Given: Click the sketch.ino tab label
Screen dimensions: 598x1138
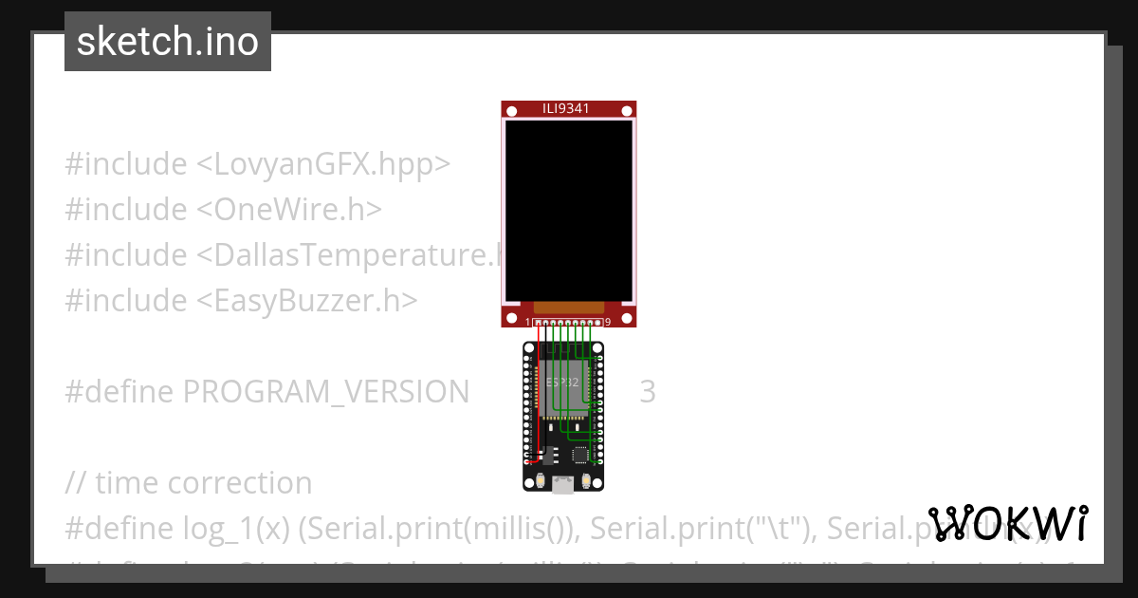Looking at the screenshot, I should pyautogui.click(x=168, y=42).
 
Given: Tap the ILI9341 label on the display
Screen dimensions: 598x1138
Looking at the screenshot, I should pyautogui.click(x=568, y=109).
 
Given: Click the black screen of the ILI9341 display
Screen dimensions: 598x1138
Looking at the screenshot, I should pyautogui.click(x=568, y=210).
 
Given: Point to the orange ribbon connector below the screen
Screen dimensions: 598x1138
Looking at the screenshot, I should pyautogui.click(x=569, y=308).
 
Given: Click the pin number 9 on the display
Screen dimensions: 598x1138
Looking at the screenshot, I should pyautogui.click(x=607, y=323).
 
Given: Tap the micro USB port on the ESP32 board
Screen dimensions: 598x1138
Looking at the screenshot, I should pyautogui.click(x=563, y=487).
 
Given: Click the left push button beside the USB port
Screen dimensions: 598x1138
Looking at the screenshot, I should pyautogui.click(x=540, y=481).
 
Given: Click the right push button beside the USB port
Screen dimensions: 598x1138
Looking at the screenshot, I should pyautogui.click(x=588, y=481).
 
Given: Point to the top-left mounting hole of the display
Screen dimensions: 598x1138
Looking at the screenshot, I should pyautogui.click(x=511, y=112).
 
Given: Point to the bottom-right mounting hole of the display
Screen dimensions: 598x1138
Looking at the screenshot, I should pyautogui.click(x=626, y=317).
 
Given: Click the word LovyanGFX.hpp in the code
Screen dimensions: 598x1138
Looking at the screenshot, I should pyautogui.click(x=323, y=164).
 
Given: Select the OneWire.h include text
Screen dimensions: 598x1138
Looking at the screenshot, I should pyautogui.click(x=288, y=210).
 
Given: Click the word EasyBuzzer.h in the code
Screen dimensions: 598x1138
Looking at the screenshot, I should pyautogui.click(x=307, y=301).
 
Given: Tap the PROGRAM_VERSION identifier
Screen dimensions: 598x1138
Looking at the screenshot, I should pyautogui.click(x=325, y=391).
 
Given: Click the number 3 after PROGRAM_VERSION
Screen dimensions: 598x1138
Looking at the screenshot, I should pyautogui.click(x=647, y=391).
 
